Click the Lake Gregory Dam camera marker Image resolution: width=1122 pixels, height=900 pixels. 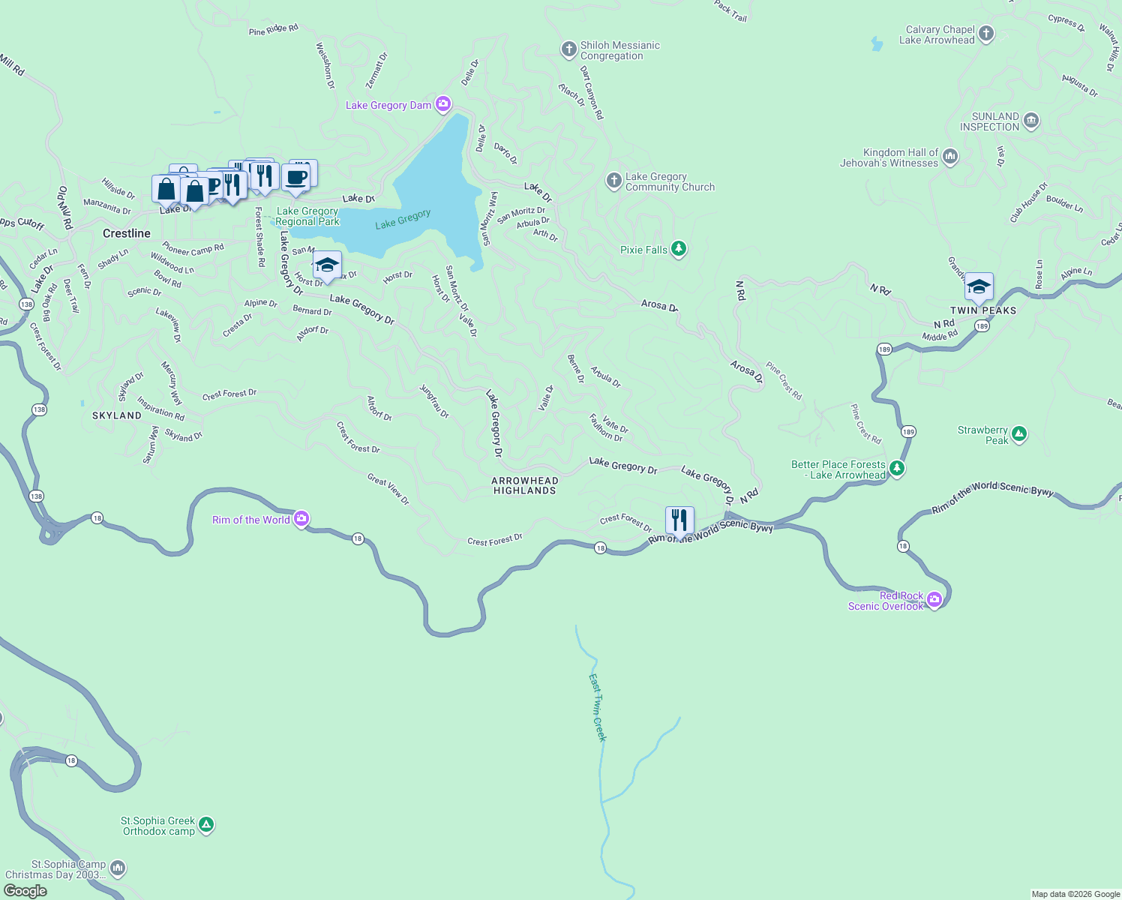click(x=443, y=104)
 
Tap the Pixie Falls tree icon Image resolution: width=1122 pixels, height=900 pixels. click(x=679, y=249)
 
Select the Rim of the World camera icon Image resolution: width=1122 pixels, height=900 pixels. click(x=301, y=518)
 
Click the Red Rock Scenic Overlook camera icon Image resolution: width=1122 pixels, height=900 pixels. click(x=934, y=599)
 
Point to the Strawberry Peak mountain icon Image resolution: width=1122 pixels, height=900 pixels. click(x=1018, y=433)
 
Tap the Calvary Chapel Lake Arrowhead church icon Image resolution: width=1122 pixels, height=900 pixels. click(x=986, y=34)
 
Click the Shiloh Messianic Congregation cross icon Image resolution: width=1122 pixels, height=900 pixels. click(x=568, y=49)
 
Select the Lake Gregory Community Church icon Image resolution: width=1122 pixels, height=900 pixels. click(x=613, y=180)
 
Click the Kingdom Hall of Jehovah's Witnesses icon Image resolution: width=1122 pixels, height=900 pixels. click(x=950, y=156)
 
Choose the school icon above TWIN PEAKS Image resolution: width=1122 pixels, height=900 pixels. click(x=979, y=286)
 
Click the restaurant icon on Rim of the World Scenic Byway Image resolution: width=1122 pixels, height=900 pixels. click(x=679, y=520)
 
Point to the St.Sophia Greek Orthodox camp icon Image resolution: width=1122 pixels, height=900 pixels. click(x=206, y=825)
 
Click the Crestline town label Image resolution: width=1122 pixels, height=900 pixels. click(x=127, y=233)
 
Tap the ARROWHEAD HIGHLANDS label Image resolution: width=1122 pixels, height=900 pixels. click(x=525, y=485)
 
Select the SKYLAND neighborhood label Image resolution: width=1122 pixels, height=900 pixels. click(x=117, y=415)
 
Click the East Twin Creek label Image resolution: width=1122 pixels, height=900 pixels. click(x=597, y=707)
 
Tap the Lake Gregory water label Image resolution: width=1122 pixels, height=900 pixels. click(x=403, y=219)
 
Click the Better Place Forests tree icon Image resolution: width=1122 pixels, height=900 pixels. click(x=897, y=469)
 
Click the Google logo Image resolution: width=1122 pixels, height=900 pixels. click(x=25, y=890)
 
